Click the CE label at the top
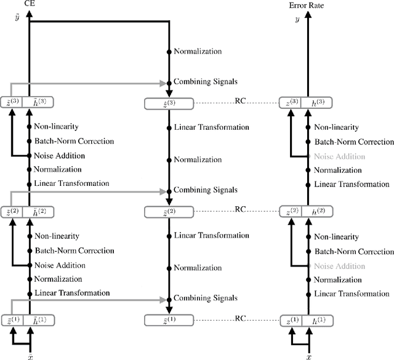(x=29, y=4)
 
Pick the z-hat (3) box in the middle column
(x=168, y=103)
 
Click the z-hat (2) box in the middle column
(x=168, y=212)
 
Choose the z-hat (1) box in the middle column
(x=168, y=319)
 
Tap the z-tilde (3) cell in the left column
(x=12, y=103)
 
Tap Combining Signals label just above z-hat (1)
(x=205, y=298)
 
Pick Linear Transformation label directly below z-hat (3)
(x=211, y=127)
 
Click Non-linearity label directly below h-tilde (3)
(x=56, y=127)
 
